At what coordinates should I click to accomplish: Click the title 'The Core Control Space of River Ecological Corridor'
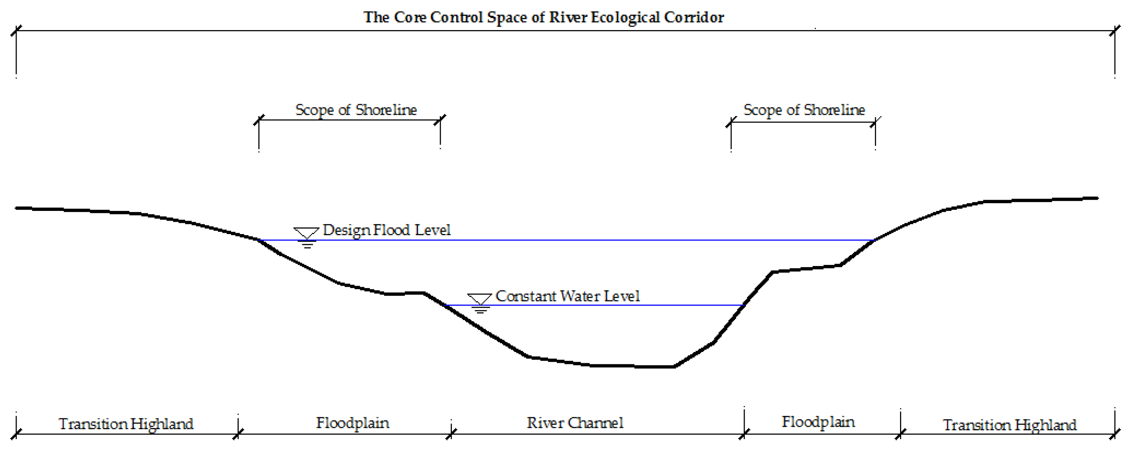click(543, 17)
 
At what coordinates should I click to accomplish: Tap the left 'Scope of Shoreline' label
click(356, 110)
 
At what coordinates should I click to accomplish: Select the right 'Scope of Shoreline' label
click(804, 110)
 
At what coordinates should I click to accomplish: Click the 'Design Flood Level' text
click(386, 230)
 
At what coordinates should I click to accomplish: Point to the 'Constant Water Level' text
click(568, 296)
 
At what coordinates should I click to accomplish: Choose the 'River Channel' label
click(575, 423)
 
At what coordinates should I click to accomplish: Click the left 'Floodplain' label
click(352, 423)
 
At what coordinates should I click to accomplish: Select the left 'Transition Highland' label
click(126, 424)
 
